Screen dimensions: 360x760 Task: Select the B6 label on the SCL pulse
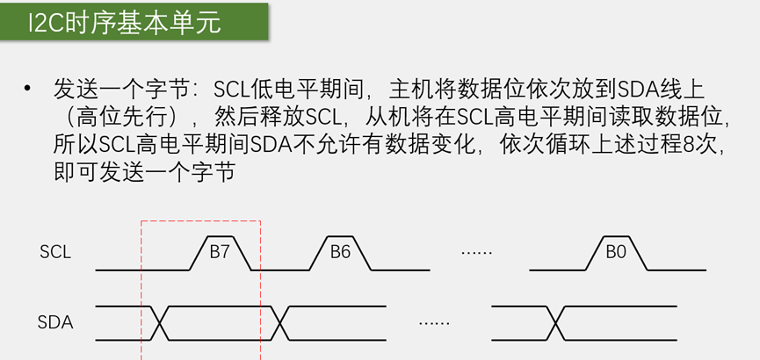pyautogui.click(x=340, y=252)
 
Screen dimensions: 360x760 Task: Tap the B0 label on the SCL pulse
pyautogui.click(x=616, y=252)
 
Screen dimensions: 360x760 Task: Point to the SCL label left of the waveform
pyautogui.click(x=54, y=252)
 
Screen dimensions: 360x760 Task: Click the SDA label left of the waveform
pyautogui.click(x=54, y=322)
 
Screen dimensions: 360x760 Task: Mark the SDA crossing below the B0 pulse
pyautogui.click(x=555, y=322)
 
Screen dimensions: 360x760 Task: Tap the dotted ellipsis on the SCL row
pyautogui.click(x=477, y=253)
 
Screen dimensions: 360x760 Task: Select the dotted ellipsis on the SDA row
pyautogui.click(x=434, y=323)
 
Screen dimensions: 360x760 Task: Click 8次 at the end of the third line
pyautogui.click(x=702, y=142)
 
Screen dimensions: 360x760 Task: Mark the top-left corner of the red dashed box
pyautogui.click(x=141, y=221)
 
